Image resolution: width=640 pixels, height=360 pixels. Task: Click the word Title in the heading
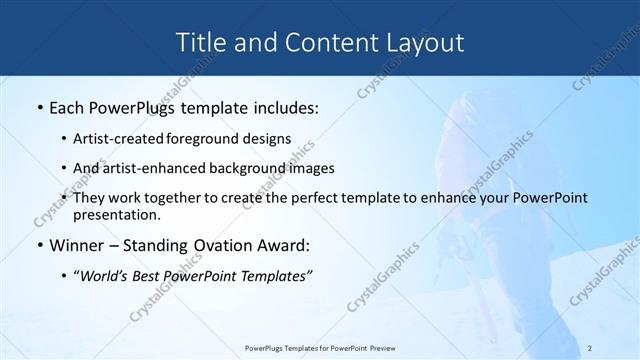[x=199, y=43]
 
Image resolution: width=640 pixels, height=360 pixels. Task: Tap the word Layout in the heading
[x=421, y=43]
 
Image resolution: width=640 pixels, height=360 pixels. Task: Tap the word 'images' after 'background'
[x=313, y=168]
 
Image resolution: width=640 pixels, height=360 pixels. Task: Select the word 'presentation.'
[x=117, y=214]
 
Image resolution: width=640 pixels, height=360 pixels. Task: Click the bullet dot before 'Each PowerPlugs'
[x=38, y=106]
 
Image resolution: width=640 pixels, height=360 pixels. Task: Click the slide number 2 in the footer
[x=590, y=348]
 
